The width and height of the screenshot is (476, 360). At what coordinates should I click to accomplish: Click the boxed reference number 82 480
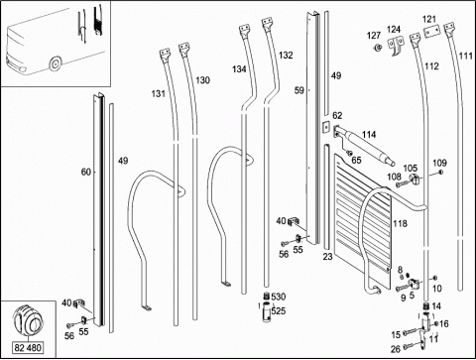[x=28, y=348]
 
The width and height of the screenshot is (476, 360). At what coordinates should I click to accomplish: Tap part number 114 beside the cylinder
[x=369, y=135]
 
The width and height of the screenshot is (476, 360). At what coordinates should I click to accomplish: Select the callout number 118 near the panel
[x=400, y=224]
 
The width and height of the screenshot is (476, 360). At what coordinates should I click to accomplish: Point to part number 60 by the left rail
[x=86, y=172]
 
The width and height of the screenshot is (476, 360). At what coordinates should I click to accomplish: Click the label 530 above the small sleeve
[x=279, y=297]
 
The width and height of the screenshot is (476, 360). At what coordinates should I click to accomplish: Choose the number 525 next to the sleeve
[x=279, y=310]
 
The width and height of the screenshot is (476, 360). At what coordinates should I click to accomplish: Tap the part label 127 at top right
[x=374, y=36]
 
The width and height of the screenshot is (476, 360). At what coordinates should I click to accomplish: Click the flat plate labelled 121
[x=432, y=32]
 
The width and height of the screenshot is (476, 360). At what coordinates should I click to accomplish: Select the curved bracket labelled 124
[x=396, y=46]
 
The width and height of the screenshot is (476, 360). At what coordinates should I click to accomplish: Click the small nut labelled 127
[x=377, y=49]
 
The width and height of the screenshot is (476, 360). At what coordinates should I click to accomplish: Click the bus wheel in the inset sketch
[x=55, y=63]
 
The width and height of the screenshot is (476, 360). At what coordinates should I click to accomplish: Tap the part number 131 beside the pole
[x=159, y=94]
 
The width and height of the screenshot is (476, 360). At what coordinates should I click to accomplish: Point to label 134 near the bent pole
[x=239, y=69]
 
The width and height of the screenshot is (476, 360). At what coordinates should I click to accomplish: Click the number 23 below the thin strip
[x=327, y=257]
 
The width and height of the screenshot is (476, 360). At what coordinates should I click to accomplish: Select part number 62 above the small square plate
[x=337, y=116]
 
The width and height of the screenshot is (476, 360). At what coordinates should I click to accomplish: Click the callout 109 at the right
[x=439, y=163]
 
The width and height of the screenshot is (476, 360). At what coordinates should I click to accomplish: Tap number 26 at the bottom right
[x=396, y=349]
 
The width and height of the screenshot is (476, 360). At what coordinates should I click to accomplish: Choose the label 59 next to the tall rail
[x=298, y=90]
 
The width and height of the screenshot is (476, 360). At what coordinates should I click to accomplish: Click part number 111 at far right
[x=466, y=56]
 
